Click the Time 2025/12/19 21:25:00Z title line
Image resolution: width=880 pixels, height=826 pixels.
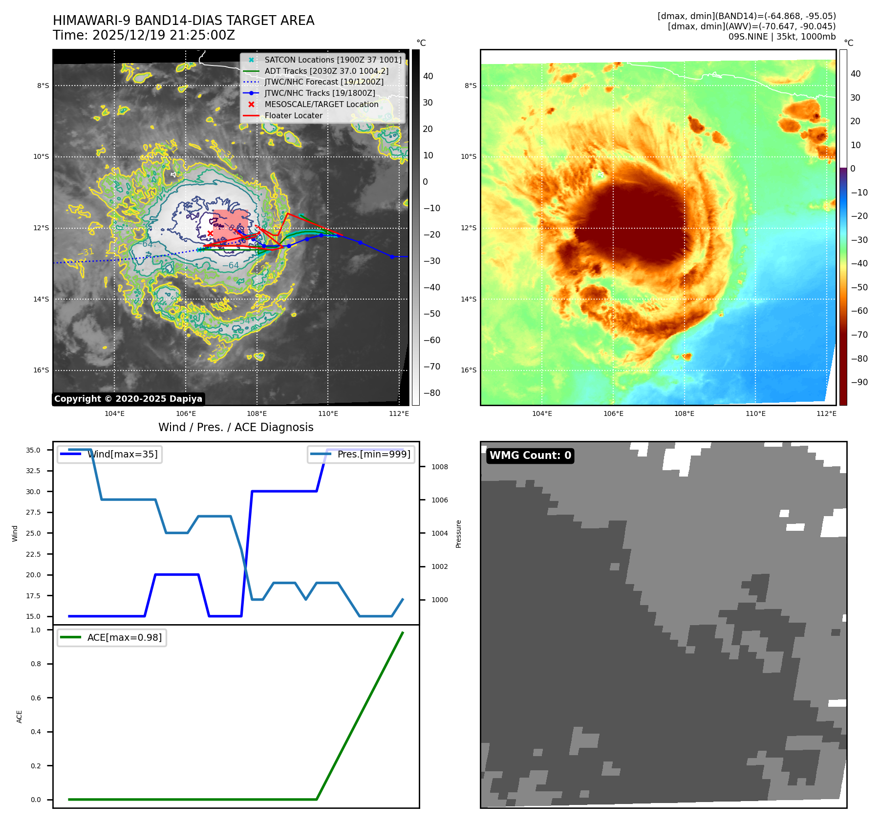coord(144,35)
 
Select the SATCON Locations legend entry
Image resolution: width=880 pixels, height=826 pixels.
coord(332,60)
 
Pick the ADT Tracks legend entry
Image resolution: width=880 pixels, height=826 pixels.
coord(326,71)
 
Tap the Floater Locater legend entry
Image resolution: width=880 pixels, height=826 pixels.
coord(293,115)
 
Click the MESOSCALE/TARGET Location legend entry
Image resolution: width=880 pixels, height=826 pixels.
coord(321,104)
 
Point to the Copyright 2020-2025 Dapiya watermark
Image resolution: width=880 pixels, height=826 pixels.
coord(128,399)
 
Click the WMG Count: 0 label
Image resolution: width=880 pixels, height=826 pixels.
coord(530,456)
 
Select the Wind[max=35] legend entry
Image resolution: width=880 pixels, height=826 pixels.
coord(122,454)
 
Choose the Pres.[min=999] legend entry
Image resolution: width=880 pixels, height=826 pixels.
coord(373,454)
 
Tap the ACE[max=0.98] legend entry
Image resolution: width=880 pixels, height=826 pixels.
coord(124,637)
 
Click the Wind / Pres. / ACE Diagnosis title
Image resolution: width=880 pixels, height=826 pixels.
coord(236,427)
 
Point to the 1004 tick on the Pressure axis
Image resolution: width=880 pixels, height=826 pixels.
coord(439,533)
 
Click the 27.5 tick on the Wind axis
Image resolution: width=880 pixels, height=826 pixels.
coord(33,512)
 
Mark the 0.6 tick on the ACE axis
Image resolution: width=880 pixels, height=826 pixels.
coord(36,698)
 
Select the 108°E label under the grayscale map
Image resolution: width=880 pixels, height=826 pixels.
coord(257,414)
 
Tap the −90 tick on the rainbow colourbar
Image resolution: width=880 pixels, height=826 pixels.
coord(859,382)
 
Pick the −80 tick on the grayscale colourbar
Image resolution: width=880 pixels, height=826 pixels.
coord(431,393)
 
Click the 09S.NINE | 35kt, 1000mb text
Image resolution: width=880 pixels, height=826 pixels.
coord(782,37)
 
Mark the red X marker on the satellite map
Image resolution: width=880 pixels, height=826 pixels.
coord(210,233)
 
